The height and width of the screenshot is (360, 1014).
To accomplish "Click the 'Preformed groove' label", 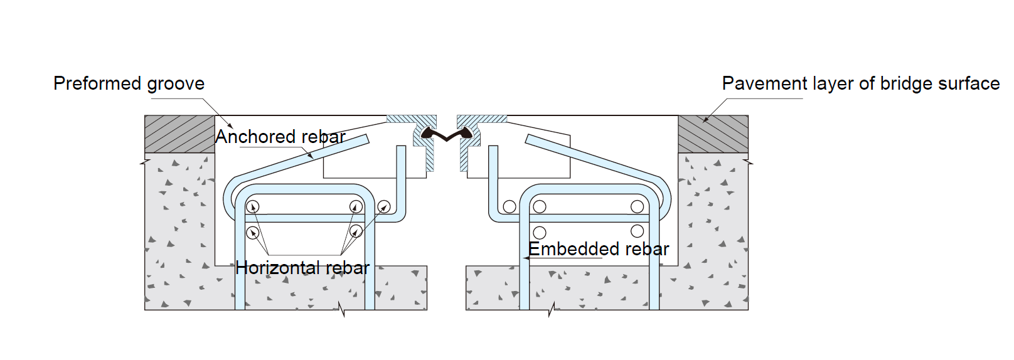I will [x=129, y=83].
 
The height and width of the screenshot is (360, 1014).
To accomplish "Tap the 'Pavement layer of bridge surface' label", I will [x=860, y=83].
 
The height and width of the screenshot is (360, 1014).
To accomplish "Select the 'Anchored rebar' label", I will [x=280, y=137].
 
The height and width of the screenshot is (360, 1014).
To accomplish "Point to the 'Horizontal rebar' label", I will [x=302, y=268].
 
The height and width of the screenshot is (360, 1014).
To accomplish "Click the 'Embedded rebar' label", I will [x=599, y=249].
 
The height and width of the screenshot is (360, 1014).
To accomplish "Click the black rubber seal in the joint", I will [x=446, y=134].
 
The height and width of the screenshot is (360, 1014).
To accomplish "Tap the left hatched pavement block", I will [x=179, y=134].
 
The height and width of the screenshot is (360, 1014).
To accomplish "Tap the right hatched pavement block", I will [x=713, y=134].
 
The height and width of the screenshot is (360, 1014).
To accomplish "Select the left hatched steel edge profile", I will [x=422, y=135].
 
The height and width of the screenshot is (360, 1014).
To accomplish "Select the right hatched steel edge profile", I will [x=471, y=135].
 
